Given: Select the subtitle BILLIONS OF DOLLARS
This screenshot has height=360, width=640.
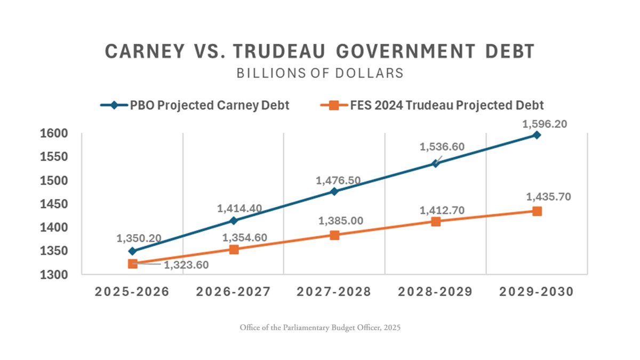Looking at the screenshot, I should (x=320, y=73).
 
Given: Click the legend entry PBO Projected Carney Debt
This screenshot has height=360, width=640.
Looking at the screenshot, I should (x=209, y=105).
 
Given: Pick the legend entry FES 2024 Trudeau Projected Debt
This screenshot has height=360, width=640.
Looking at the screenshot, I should (x=447, y=105).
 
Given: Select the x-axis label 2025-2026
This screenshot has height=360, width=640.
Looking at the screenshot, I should (x=132, y=292).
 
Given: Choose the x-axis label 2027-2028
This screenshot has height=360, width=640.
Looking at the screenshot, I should (x=334, y=292).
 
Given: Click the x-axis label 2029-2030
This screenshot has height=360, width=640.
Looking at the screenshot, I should (x=537, y=292).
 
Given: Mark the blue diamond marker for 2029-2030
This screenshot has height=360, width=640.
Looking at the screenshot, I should (x=537, y=135).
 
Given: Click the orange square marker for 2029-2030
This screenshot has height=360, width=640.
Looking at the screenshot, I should (x=537, y=211).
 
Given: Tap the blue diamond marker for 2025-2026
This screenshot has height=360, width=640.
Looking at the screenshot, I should (x=133, y=251).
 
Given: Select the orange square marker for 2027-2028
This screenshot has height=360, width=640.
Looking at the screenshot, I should (x=334, y=235).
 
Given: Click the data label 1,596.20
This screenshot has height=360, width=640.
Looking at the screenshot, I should (x=545, y=124).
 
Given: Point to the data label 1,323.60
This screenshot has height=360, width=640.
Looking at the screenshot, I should (x=186, y=265).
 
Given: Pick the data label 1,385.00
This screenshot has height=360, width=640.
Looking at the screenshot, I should (x=341, y=221).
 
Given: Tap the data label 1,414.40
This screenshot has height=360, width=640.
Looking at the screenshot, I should (x=239, y=209).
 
